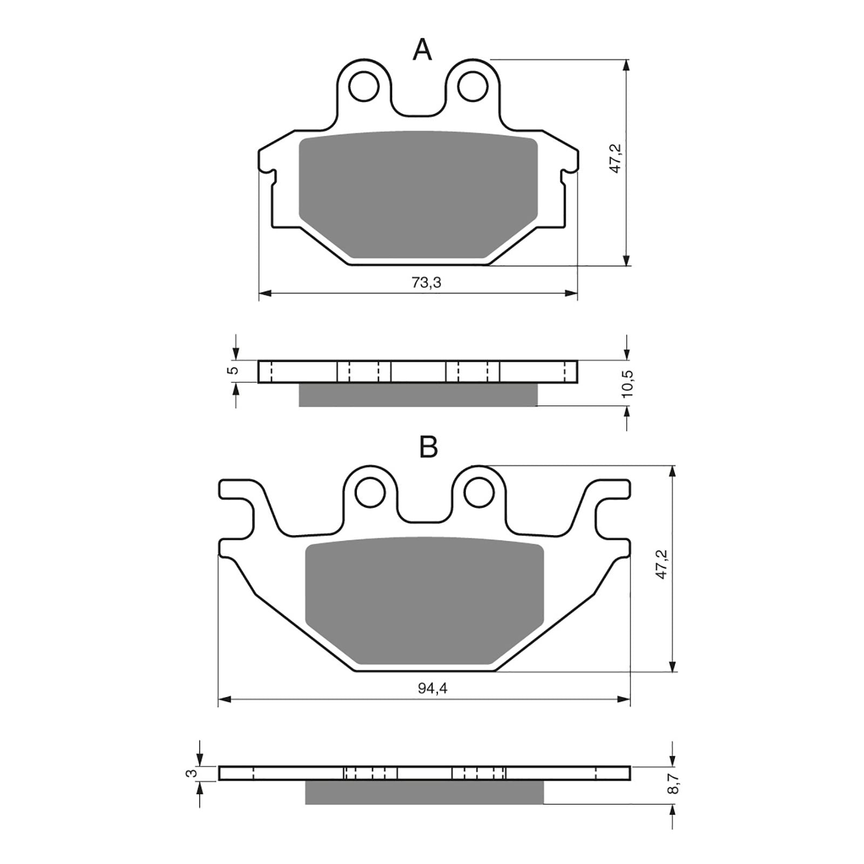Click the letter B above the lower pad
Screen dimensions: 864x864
click(x=428, y=447)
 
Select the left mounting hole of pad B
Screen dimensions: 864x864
click(x=370, y=491)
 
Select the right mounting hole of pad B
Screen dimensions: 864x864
click(x=479, y=491)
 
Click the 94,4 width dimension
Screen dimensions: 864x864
click(x=434, y=688)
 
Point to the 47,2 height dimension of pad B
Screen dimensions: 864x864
click(x=662, y=564)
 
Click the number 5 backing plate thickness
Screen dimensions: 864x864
click(x=233, y=370)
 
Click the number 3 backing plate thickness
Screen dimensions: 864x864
click(x=190, y=773)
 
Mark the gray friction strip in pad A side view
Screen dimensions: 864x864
click(x=418, y=395)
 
